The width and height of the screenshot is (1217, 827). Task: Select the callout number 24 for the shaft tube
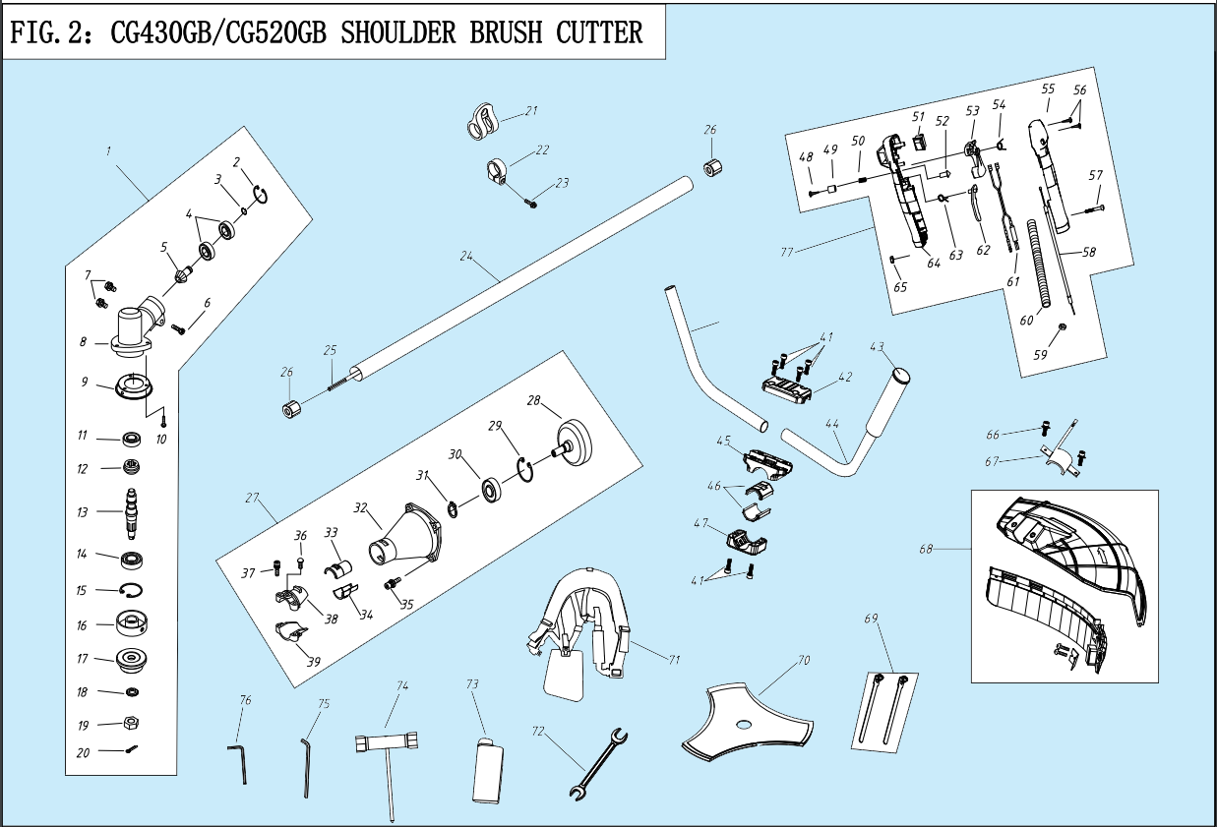466,257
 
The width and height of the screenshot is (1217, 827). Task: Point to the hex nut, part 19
130,724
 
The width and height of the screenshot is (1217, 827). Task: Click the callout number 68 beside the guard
926,549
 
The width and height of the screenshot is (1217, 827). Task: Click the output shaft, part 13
131,510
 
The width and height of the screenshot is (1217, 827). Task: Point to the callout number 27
251,499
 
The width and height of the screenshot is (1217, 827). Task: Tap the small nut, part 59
1065,327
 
